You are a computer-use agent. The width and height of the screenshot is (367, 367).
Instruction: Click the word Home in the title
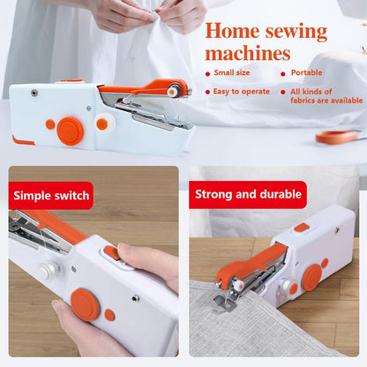(232, 31)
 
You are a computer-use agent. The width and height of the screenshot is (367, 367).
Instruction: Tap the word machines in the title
(248, 53)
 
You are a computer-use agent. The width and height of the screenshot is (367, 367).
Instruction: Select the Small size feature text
(232, 72)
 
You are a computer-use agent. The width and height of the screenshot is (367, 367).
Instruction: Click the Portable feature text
(306, 72)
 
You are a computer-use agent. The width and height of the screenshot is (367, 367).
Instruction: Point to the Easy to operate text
(242, 92)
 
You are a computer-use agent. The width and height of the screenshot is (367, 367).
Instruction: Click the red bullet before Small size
(208, 74)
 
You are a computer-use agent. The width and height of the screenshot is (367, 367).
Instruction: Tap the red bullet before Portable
(283, 74)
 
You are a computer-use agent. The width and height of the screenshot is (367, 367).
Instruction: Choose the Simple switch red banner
(51, 196)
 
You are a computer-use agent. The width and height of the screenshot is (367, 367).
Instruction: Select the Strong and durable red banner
(248, 194)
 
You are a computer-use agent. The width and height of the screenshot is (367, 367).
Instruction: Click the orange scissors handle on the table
(337, 137)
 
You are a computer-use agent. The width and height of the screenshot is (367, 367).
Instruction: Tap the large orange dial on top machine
(70, 131)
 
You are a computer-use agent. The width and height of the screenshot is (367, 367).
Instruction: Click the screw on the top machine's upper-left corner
(34, 93)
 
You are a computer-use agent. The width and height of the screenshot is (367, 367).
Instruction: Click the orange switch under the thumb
(112, 253)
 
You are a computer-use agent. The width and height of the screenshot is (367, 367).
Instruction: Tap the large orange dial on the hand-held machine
(85, 304)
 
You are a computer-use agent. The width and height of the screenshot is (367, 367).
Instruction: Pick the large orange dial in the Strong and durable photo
(311, 277)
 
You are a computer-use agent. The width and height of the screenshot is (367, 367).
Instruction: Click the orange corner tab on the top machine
(23, 140)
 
